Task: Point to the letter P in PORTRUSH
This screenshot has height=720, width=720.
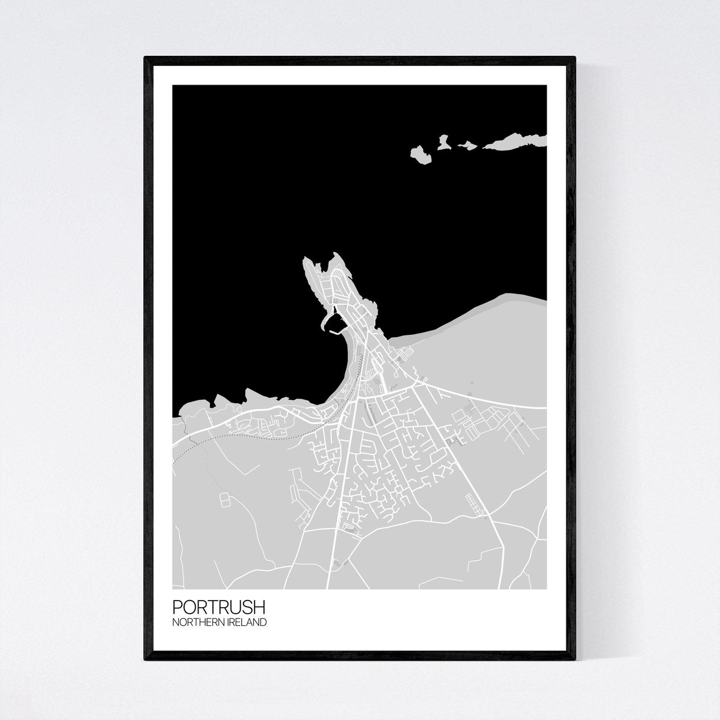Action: click(x=176, y=613)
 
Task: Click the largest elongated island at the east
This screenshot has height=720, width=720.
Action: click(x=516, y=140)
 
